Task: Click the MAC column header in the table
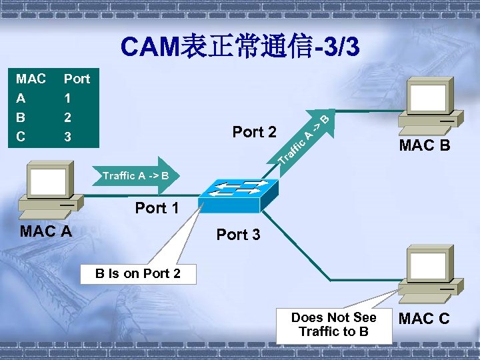pos(31,79)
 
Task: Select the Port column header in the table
pos(77,79)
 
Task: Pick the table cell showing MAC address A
pos(21,99)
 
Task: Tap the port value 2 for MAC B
pos(67,118)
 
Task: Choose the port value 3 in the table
pos(67,137)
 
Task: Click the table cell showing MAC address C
pos(21,137)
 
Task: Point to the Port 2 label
pos(254,132)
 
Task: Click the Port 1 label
pos(157,208)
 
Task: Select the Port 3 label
pos(239,235)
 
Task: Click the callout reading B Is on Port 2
pos(138,273)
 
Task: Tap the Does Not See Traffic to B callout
pos(333,325)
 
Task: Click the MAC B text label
pos(425,145)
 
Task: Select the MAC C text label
pos(423,319)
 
